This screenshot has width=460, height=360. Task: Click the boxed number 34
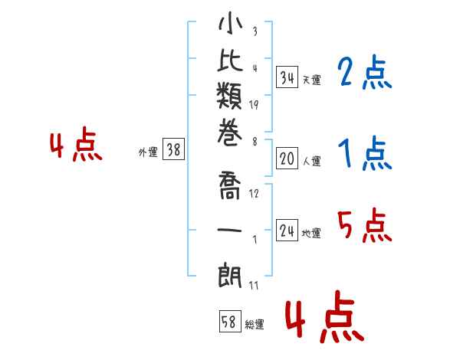(287, 77)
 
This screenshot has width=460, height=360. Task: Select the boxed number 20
(287, 159)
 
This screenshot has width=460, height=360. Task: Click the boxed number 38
(174, 150)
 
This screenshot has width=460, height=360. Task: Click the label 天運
(311, 80)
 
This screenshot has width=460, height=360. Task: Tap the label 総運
(255, 325)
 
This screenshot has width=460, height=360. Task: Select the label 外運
(148, 152)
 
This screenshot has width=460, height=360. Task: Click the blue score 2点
(365, 74)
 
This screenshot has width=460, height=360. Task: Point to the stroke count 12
(254, 193)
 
